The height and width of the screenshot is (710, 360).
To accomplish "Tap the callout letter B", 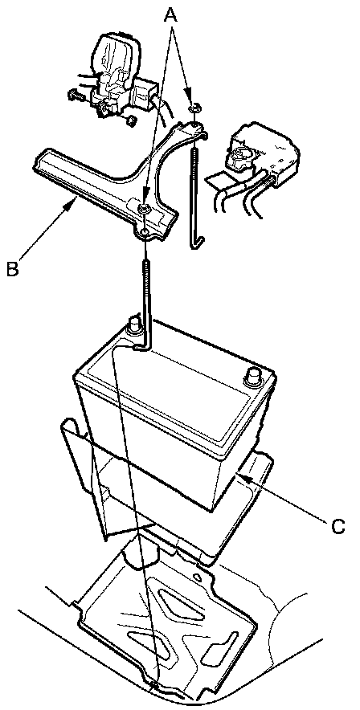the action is [13, 268].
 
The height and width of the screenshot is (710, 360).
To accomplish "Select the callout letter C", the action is [337, 526].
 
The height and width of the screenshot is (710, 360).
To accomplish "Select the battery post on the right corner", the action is [252, 377].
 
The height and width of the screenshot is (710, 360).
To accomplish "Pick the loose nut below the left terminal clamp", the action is [131, 120].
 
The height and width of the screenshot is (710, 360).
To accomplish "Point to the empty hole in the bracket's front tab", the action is [144, 232].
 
